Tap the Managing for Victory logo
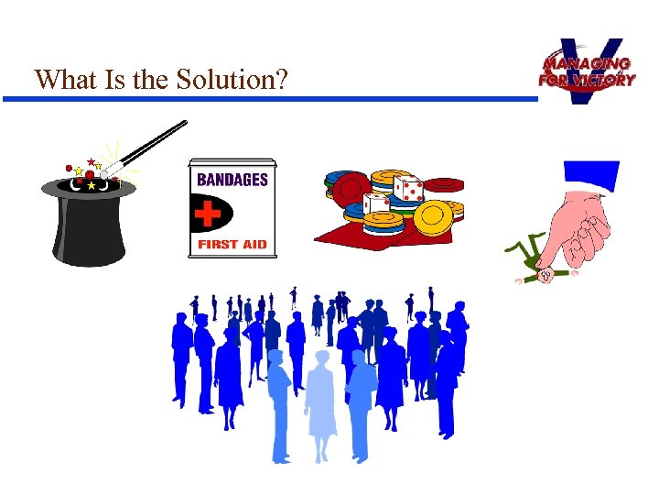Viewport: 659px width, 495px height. (587, 71)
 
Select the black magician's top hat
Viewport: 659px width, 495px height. (89, 225)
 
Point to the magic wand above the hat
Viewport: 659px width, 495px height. (146, 147)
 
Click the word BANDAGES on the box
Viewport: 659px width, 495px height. (232, 179)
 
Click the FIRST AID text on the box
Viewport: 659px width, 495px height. (232, 245)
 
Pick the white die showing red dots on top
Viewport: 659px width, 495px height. (407, 189)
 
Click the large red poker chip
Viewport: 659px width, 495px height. (351, 189)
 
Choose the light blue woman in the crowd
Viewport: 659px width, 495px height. (320, 403)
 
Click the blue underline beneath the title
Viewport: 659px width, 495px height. (275, 98)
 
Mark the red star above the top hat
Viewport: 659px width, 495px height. (91, 163)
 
